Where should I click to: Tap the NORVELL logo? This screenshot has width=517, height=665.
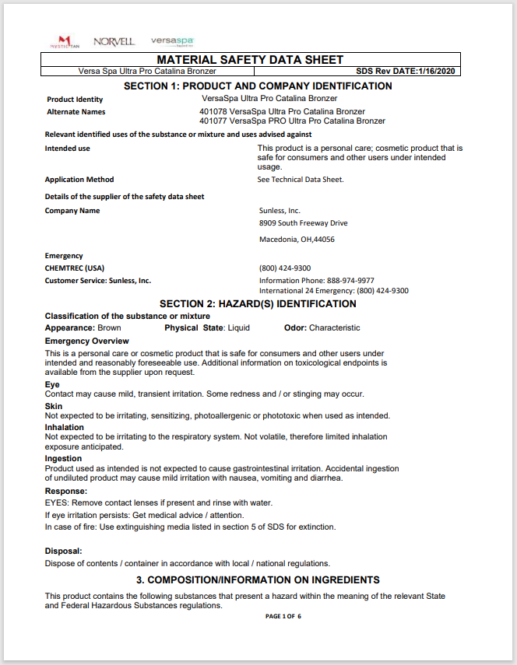[x=114, y=41]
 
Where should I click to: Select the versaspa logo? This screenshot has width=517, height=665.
[x=172, y=40]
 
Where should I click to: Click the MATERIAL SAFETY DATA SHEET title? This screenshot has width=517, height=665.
[x=250, y=60]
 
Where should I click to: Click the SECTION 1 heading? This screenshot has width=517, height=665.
[x=258, y=86]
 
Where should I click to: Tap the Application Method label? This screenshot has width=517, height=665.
[x=79, y=180]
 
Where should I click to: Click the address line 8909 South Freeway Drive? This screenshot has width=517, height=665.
[x=303, y=223]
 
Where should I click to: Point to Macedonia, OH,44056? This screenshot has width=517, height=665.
[x=297, y=240]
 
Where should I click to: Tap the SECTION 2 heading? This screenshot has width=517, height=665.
[x=258, y=304]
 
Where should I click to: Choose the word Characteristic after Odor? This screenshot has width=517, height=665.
[x=334, y=328]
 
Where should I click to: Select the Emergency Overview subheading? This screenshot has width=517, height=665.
[x=87, y=341]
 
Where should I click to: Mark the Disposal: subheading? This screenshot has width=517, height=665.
[x=64, y=551]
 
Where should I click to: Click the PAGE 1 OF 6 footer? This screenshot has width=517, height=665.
[x=283, y=616]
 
